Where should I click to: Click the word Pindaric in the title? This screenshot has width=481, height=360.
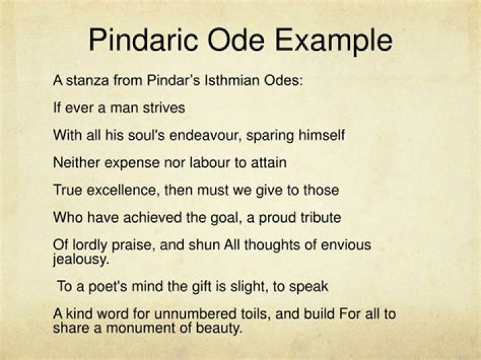(x=143, y=40)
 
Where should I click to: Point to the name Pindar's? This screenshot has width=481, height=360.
(x=174, y=80)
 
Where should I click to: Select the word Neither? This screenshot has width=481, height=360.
(x=77, y=162)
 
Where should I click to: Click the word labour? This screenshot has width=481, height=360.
(x=210, y=162)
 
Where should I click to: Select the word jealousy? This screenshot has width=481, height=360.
(x=81, y=259)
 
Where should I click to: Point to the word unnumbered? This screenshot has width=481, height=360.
(x=196, y=314)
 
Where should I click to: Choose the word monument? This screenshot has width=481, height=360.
(x=141, y=328)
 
